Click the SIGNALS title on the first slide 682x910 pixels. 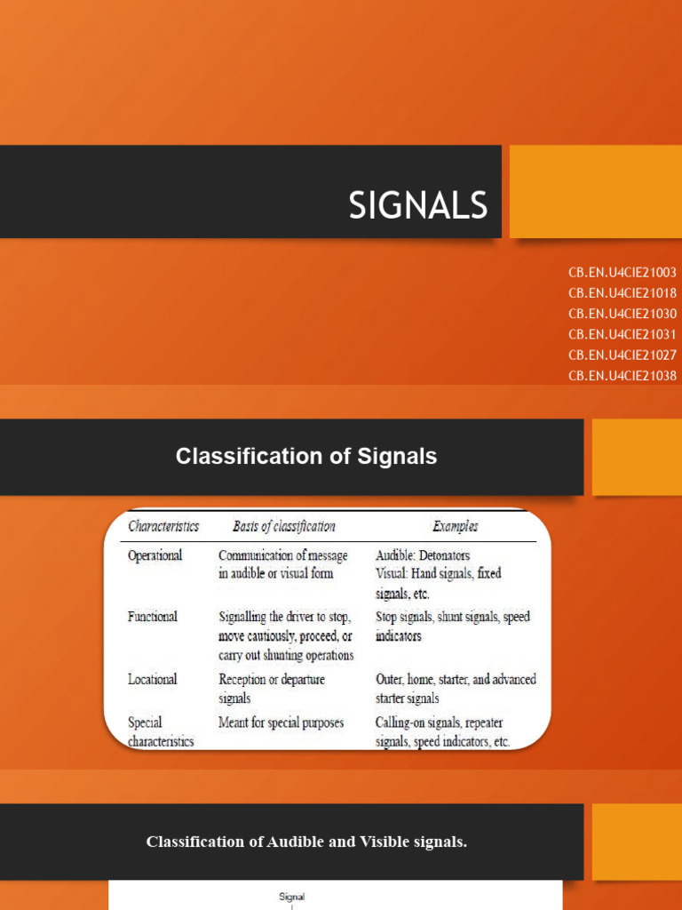click(x=418, y=206)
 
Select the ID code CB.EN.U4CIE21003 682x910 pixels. click(x=623, y=273)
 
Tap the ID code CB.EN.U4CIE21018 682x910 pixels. click(x=623, y=293)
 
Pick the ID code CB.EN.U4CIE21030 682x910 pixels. click(x=623, y=314)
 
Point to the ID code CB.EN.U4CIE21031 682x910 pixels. click(x=623, y=334)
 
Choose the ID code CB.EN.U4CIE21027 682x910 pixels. click(x=623, y=355)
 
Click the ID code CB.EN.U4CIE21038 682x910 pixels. click(x=623, y=375)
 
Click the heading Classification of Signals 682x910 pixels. click(x=306, y=457)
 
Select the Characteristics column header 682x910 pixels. click(x=163, y=526)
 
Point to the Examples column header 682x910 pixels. click(x=455, y=526)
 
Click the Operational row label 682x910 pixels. click(x=155, y=555)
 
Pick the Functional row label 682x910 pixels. click(x=153, y=617)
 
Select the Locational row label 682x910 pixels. click(x=153, y=679)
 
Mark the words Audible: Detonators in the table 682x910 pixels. click(x=423, y=555)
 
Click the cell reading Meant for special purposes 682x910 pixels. click(x=281, y=722)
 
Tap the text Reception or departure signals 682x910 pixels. click(x=272, y=689)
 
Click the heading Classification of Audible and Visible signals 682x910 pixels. click(x=306, y=842)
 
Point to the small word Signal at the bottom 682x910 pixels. click(x=291, y=897)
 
